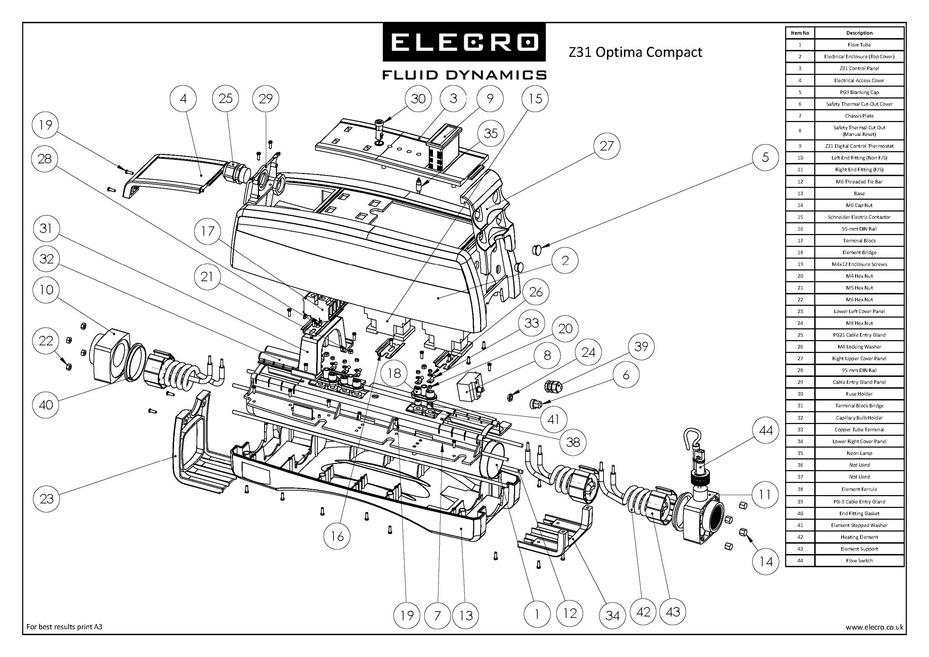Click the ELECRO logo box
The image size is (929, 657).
(464, 42)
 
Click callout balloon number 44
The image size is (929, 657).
(765, 430)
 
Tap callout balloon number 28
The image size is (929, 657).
(44, 158)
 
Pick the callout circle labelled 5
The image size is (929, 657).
(765, 157)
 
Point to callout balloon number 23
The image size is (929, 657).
(46, 498)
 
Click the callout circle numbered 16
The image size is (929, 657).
(337, 536)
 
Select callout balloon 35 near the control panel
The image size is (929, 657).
(490, 133)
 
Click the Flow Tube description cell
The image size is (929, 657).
(859, 44)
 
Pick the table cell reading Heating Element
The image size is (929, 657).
(859, 537)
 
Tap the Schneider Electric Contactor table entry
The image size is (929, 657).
(859, 217)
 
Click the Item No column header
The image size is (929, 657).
(800, 33)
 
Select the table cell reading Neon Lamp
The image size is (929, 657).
(859, 453)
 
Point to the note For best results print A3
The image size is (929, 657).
(64, 627)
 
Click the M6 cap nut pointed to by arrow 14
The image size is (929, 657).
(743, 532)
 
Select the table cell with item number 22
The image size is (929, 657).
(800, 300)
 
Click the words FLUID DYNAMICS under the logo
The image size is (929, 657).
(464, 75)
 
